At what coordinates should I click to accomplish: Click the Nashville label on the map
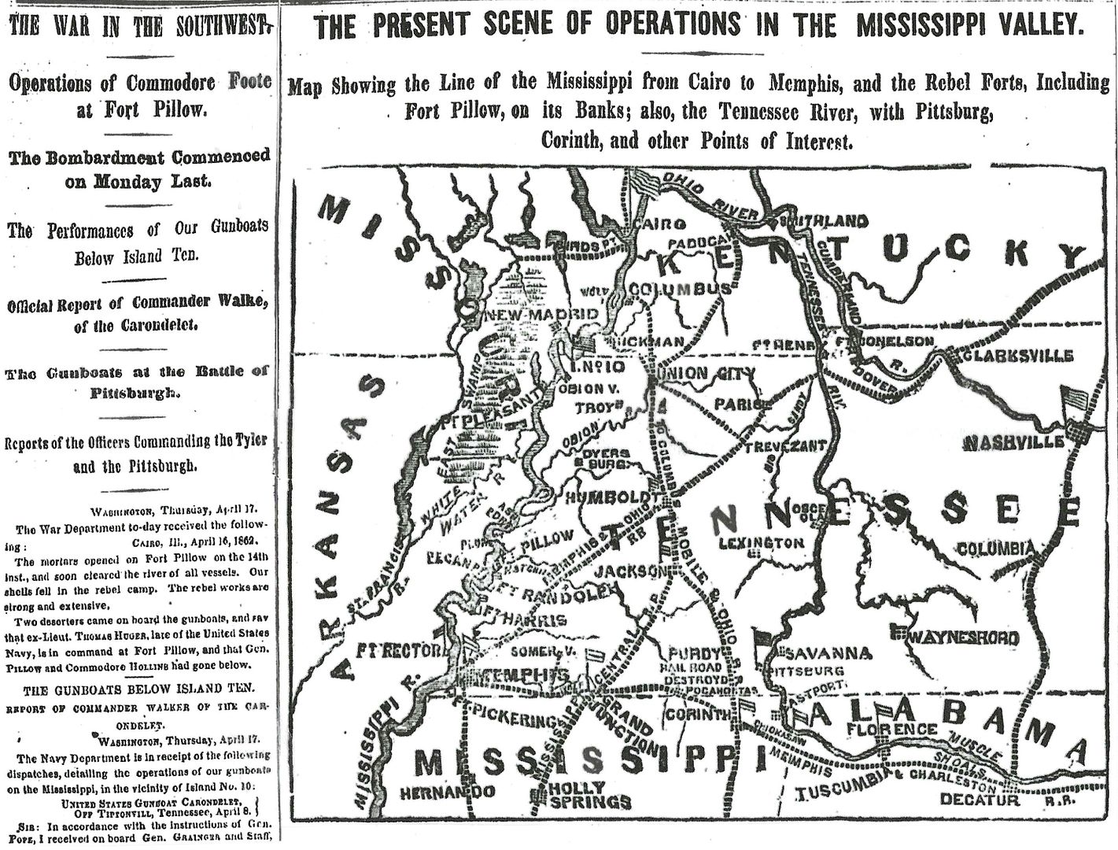click(1013, 443)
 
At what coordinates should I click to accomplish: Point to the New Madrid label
click(543, 314)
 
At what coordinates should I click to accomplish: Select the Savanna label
click(827, 653)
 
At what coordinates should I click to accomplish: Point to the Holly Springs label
click(589, 795)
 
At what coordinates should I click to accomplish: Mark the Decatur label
click(980, 800)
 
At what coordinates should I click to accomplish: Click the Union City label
click(705, 373)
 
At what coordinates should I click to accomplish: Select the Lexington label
click(761, 543)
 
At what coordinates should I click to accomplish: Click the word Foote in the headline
click(250, 80)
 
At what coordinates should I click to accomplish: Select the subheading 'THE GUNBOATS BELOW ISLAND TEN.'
click(139, 690)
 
